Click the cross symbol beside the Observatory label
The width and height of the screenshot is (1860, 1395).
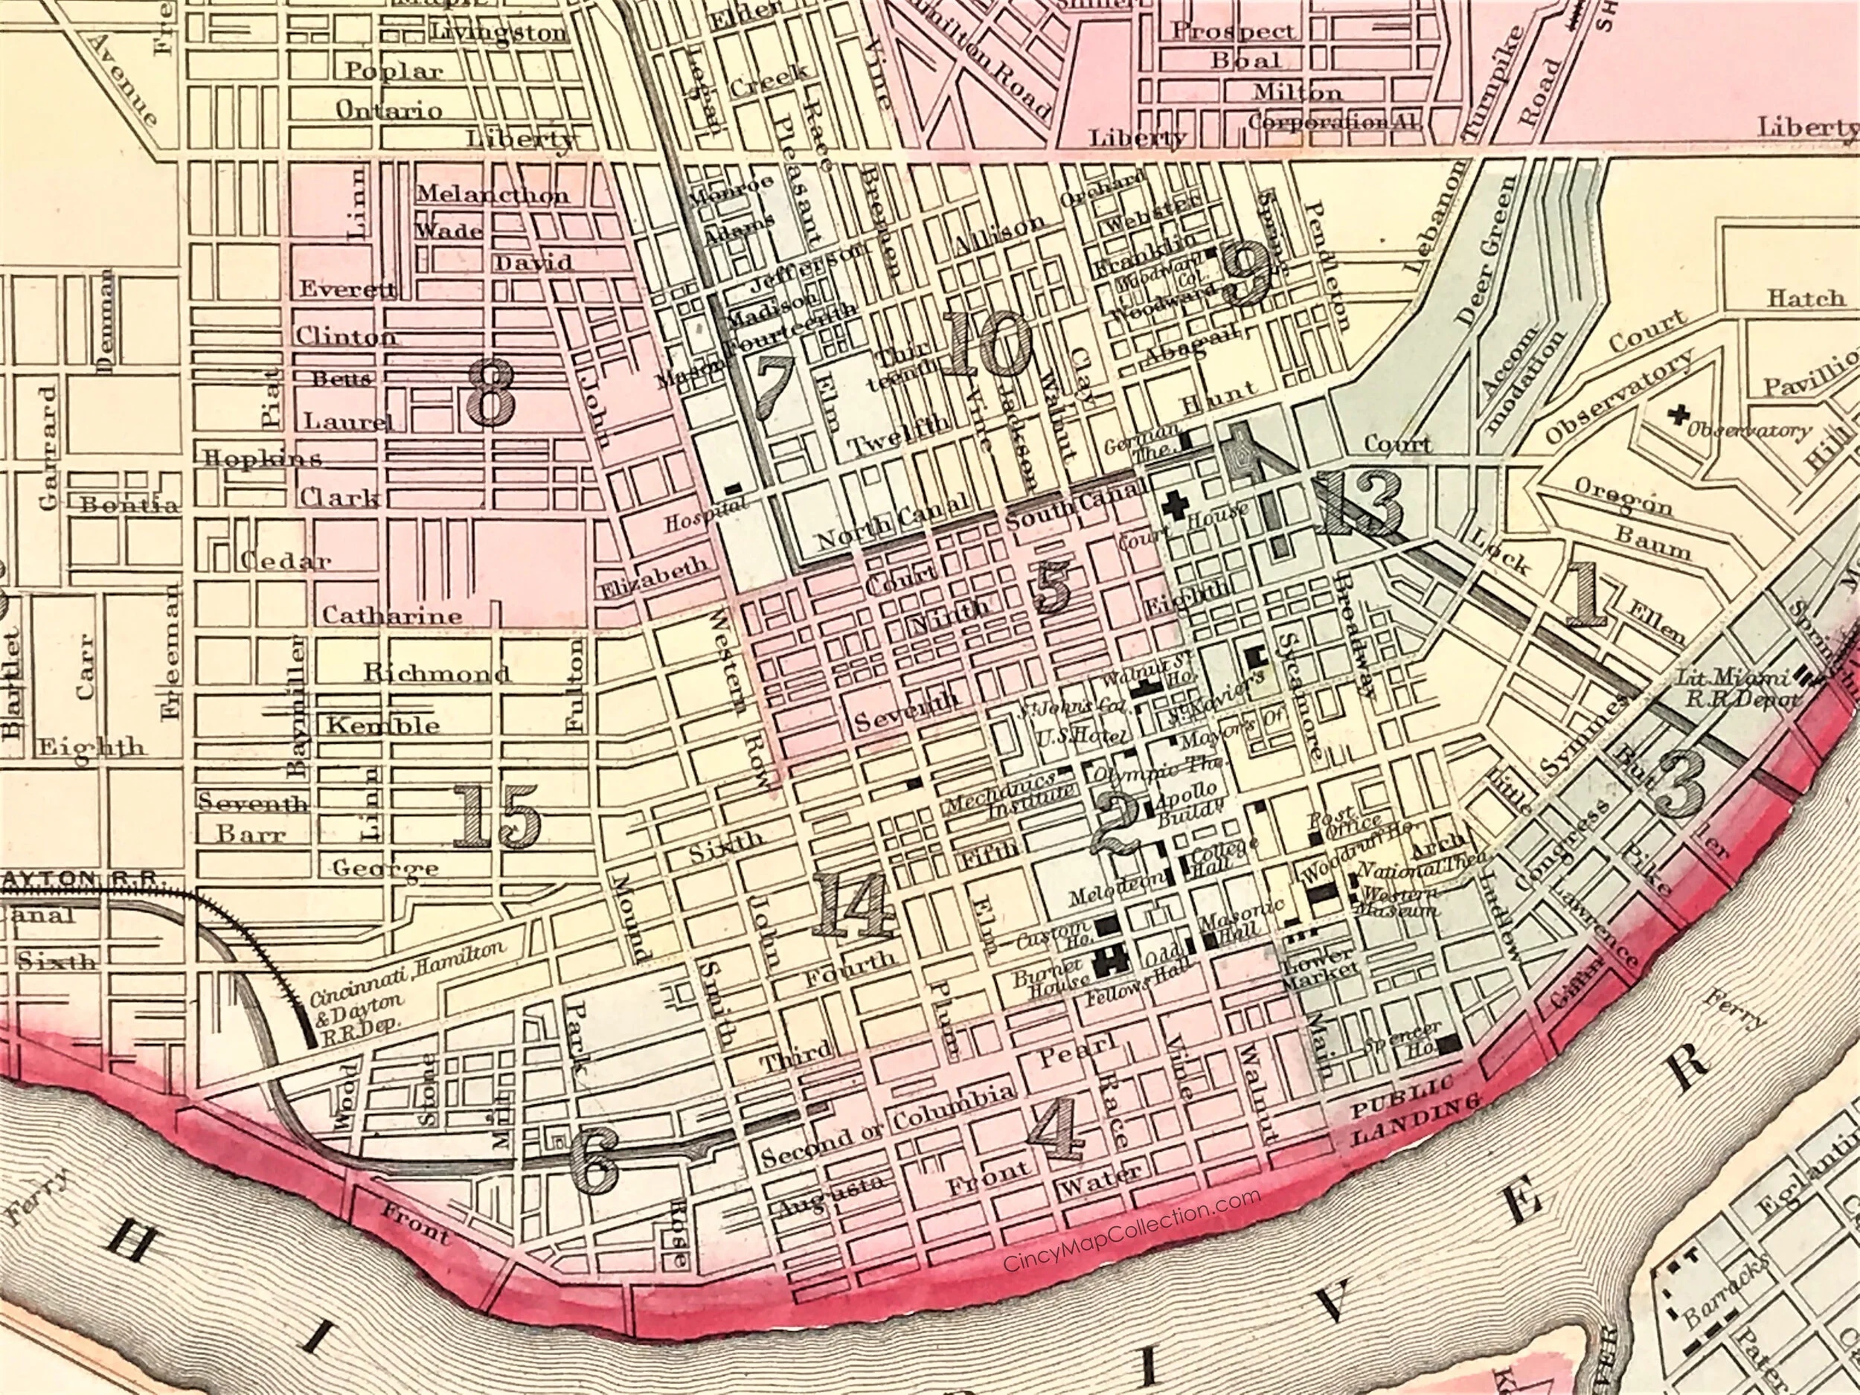point(1680,414)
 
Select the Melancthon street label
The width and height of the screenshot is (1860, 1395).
point(493,194)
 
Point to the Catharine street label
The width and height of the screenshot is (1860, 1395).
point(393,615)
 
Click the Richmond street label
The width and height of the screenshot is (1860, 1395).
point(437,673)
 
